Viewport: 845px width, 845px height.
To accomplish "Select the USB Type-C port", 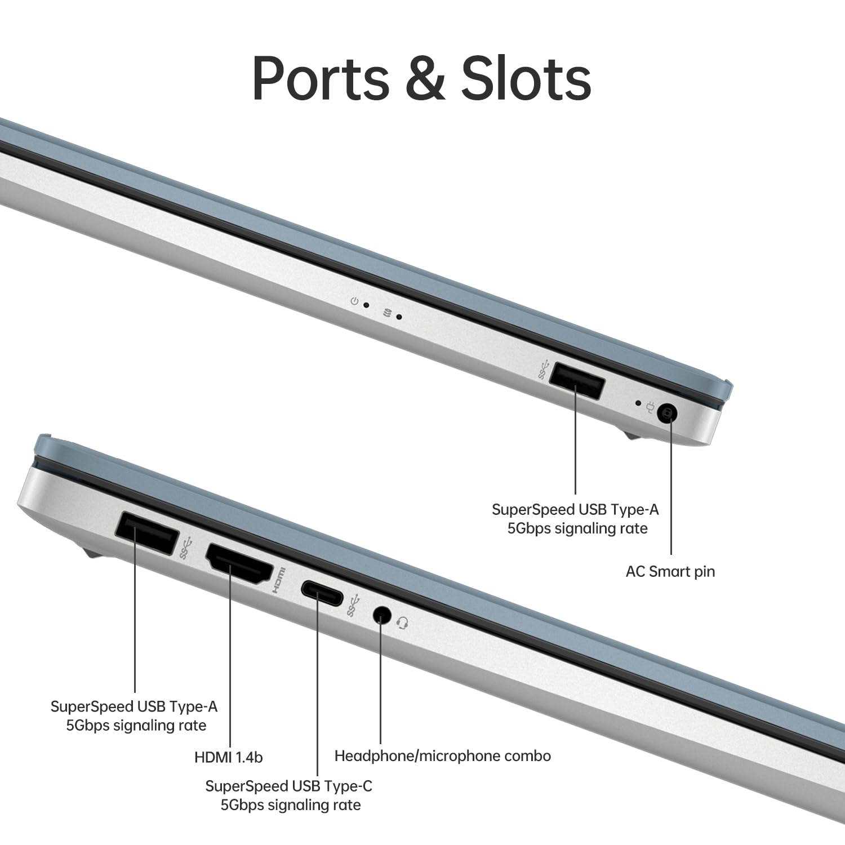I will click(322, 593).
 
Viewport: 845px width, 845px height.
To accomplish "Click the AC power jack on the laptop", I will click(668, 414).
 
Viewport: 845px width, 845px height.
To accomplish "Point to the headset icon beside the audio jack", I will click(402, 623).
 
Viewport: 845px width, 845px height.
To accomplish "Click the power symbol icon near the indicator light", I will click(354, 301).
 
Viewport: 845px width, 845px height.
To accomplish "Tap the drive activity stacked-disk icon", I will click(387, 313).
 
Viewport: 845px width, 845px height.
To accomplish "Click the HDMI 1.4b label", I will click(228, 757).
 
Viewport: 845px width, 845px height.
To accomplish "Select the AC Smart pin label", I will click(670, 571).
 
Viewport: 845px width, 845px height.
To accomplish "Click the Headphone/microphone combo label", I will click(442, 756).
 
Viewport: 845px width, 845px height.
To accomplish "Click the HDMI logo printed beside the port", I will click(279, 580).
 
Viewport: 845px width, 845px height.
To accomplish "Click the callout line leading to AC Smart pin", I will click(671, 496).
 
